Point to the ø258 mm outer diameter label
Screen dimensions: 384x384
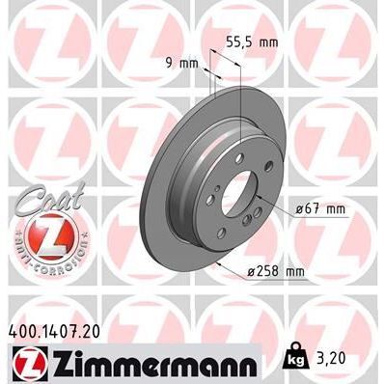pyautogui.click(x=277, y=273)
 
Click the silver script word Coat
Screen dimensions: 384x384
pyautogui.click(x=44, y=196)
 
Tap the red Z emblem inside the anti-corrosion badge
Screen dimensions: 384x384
pyautogui.click(x=45, y=233)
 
